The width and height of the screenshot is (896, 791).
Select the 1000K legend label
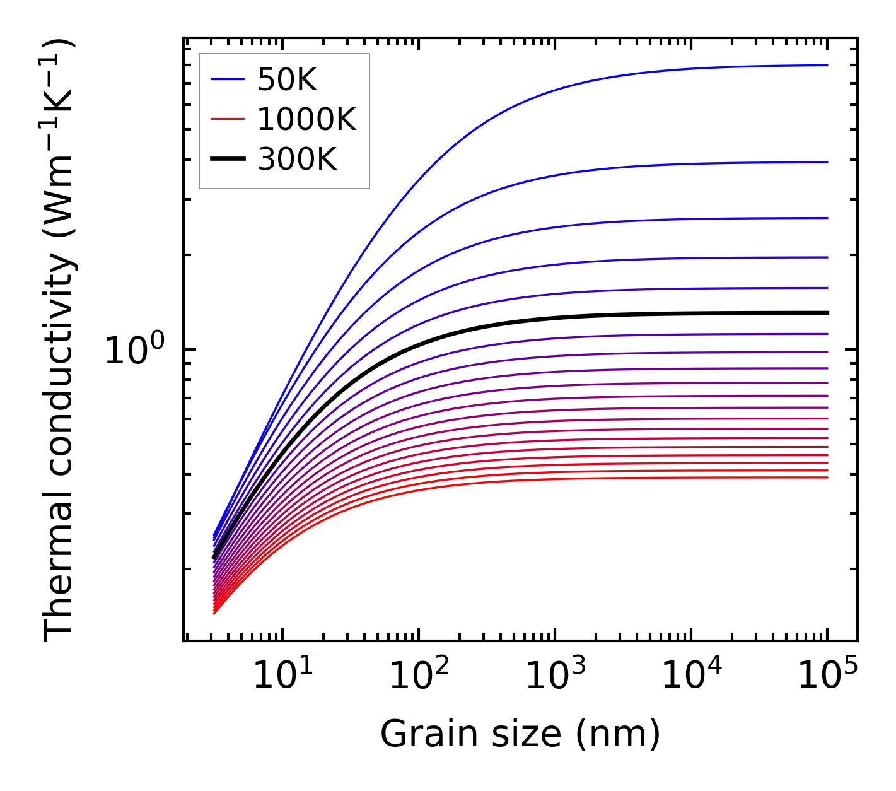306,119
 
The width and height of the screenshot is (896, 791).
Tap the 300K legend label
297,160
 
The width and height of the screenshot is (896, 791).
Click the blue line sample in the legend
228,79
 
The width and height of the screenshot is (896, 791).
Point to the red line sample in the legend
228,119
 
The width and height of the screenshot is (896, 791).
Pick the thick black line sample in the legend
228,160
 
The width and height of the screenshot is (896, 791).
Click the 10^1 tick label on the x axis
282,676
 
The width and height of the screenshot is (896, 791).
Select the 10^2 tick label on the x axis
418,676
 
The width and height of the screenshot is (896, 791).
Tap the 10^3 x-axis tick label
555,676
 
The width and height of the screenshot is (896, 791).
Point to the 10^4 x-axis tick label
691,676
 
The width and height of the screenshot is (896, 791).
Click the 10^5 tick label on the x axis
827,676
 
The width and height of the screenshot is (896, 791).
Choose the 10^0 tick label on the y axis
134,350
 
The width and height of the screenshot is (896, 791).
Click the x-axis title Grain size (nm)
520,734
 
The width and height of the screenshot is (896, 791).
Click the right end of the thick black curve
827,313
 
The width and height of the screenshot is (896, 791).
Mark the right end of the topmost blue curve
827,65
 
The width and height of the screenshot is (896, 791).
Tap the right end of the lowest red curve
827,478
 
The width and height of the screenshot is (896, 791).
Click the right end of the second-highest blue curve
827,162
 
